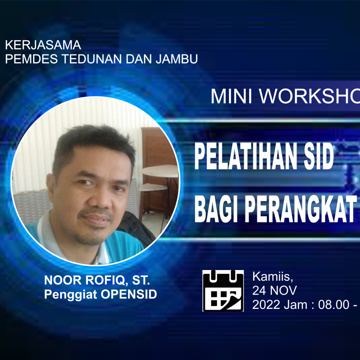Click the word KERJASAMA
tap(43, 45)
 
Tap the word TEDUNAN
tap(92, 59)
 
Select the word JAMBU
tap(177, 59)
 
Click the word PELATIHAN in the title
tap(246, 156)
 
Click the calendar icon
tap(223, 291)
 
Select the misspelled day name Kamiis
tap(273, 277)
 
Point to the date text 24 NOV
tap(274, 290)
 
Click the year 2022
tap(267, 305)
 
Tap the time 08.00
tap(333, 305)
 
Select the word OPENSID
tap(129, 294)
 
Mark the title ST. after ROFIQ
tap(141, 280)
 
